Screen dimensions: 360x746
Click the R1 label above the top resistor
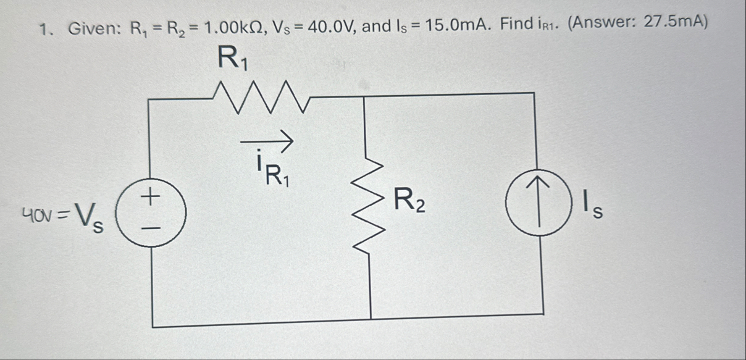[x=233, y=60]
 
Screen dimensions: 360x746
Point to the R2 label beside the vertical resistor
[x=410, y=201]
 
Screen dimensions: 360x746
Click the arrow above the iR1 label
[x=266, y=141]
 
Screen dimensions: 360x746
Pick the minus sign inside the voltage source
[x=151, y=227]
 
